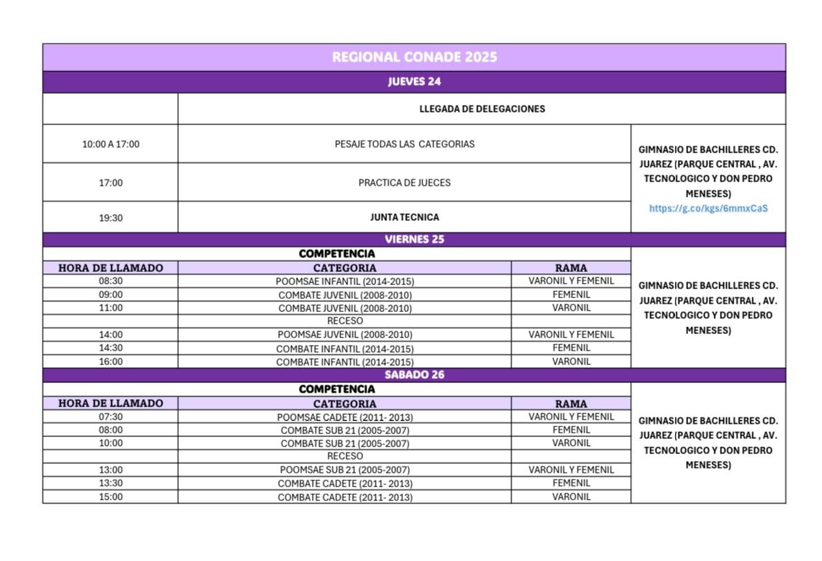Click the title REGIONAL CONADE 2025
click(x=414, y=57)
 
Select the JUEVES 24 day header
click(x=414, y=81)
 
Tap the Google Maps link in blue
click(x=708, y=208)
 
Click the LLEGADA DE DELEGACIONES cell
click(x=482, y=108)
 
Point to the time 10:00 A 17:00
click(x=110, y=144)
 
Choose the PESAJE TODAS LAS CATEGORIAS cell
click(x=404, y=144)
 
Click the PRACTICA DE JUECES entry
click(x=404, y=183)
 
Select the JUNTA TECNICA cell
click(x=404, y=217)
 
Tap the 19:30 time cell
click(x=110, y=217)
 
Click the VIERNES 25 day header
click(x=414, y=239)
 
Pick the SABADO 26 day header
click(x=414, y=375)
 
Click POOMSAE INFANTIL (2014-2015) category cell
click(x=345, y=282)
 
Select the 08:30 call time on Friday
click(x=110, y=281)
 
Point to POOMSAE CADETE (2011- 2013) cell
click(x=345, y=417)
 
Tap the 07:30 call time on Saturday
click(x=110, y=416)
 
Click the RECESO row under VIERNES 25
click(x=345, y=321)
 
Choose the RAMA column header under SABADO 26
click(x=571, y=404)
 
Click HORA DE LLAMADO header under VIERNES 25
click(x=110, y=268)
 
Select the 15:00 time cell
click(x=110, y=496)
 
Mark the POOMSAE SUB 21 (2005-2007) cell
click(x=345, y=470)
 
